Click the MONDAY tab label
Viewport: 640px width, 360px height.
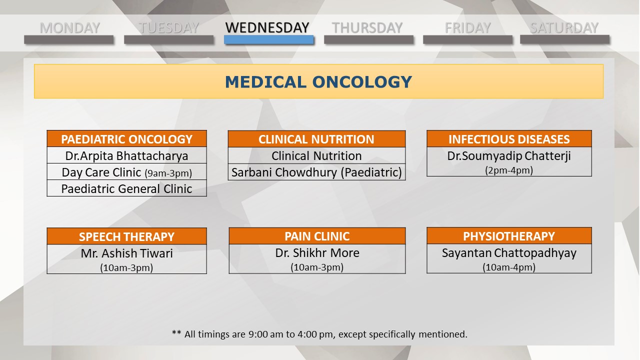[x=69, y=28]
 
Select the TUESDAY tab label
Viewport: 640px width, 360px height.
[x=168, y=28]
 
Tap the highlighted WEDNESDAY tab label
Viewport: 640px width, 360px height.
[x=267, y=27]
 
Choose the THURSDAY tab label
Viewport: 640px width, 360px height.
[x=367, y=28]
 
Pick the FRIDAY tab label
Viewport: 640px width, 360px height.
[x=467, y=28]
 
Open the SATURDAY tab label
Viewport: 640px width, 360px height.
[x=564, y=28]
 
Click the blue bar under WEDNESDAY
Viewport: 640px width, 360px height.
[x=268, y=39]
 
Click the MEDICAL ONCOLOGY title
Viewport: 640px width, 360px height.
[x=318, y=82]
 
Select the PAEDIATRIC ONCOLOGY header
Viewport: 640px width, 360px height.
[x=126, y=139]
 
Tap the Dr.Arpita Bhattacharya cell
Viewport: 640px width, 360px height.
[x=126, y=155]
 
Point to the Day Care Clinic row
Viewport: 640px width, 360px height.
[x=126, y=172]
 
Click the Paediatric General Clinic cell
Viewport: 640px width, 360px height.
[x=126, y=189]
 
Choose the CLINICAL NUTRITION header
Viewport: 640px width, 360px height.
[x=316, y=139]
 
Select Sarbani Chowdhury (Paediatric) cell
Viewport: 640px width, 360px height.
[x=316, y=172]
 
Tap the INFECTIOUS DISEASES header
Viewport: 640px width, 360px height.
[x=509, y=139]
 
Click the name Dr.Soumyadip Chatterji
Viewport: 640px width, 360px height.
[x=509, y=156]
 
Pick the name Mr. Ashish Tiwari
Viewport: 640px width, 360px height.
[x=126, y=253]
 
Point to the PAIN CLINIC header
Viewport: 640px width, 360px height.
[x=317, y=236]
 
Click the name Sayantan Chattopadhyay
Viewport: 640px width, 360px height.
[x=509, y=253]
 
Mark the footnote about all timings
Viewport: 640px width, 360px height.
[x=319, y=334]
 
